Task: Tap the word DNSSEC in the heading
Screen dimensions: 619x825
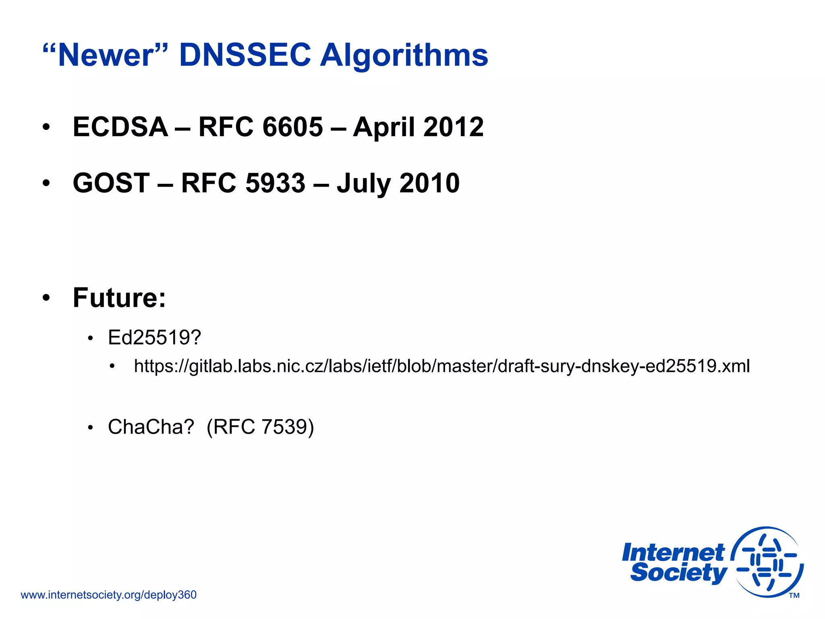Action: click(245, 55)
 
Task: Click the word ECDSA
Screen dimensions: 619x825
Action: click(120, 127)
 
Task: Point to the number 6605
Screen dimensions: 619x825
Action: click(292, 127)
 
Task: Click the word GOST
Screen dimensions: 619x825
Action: click(111, 183)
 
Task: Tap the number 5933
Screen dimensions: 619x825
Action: click(276, 183)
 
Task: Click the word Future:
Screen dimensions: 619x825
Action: click(119, 298)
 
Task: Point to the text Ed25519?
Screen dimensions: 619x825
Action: click(154, 338)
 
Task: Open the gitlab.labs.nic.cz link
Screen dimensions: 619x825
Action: click(442, 366)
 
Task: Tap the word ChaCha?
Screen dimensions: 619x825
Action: click(151, 427)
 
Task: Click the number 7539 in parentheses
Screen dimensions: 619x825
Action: click(284, 427)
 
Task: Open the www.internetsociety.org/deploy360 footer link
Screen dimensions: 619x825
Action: click(108, 595)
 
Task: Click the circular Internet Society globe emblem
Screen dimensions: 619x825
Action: click(767, 562)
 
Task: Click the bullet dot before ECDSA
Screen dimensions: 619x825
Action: click(46, 127)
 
